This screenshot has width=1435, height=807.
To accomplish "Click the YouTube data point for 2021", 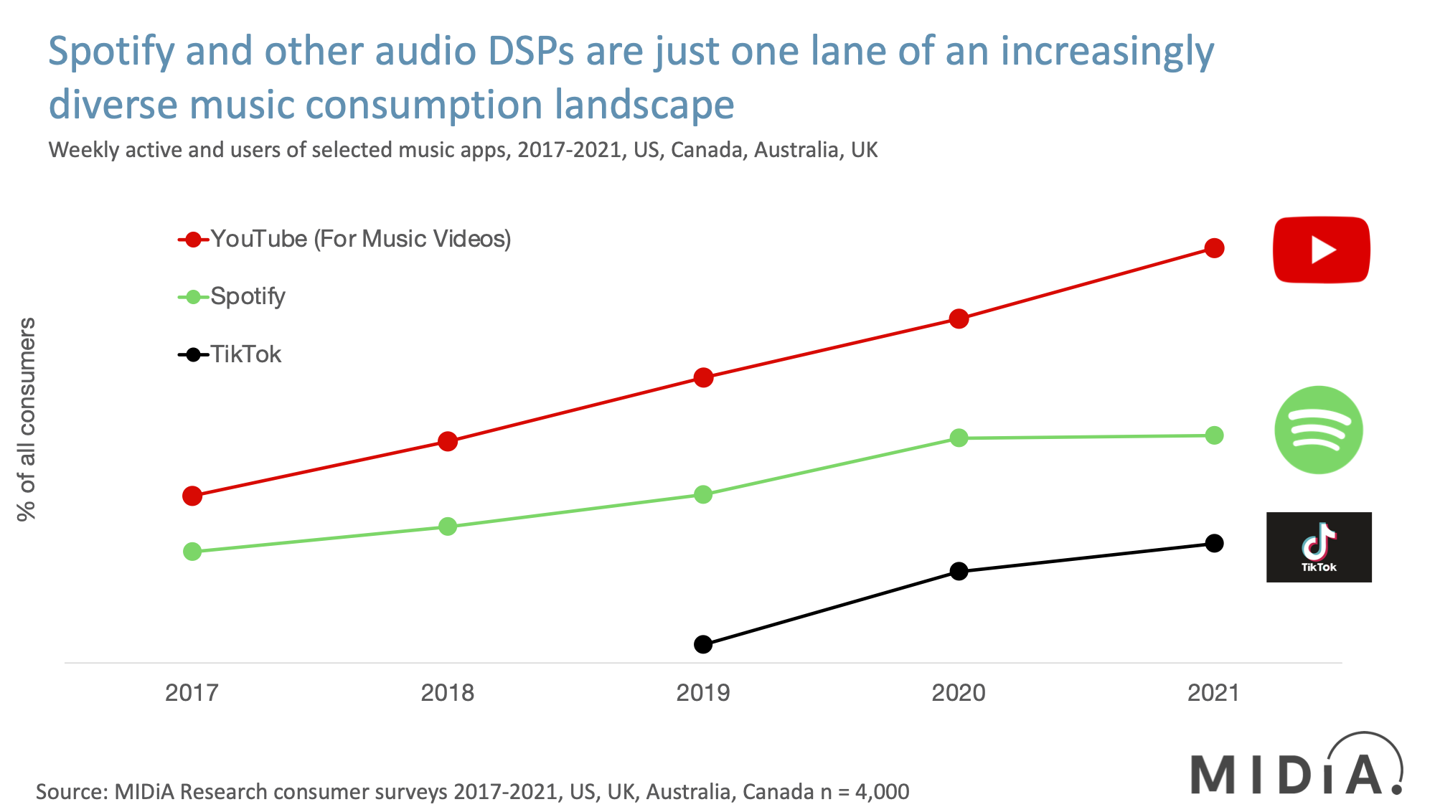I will pos(1214,248).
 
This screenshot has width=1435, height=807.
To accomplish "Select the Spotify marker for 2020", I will pos(959,438).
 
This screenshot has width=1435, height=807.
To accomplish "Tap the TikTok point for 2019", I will pos(703,644).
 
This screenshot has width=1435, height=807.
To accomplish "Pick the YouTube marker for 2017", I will pos(192,496).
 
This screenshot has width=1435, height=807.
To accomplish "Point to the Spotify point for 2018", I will pos(448,527).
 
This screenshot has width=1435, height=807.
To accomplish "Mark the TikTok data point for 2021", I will pos(1214,543).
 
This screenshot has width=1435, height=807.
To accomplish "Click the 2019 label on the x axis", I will pos(703,693).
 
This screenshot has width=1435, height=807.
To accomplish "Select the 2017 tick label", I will pos(192,693).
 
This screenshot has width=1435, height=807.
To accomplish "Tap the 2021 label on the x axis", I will pos(1213,693).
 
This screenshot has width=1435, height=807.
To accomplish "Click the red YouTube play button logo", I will pos(1321,250).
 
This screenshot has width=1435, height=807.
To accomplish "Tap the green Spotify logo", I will pos(1318,430).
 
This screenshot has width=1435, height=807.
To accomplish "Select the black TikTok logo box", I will pos(1319,547).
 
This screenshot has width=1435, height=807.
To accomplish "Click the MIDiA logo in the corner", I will pos(1296,768).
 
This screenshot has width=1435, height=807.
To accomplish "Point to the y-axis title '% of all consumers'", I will pos(27,419).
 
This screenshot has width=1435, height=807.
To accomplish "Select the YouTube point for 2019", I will pos(703,377).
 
